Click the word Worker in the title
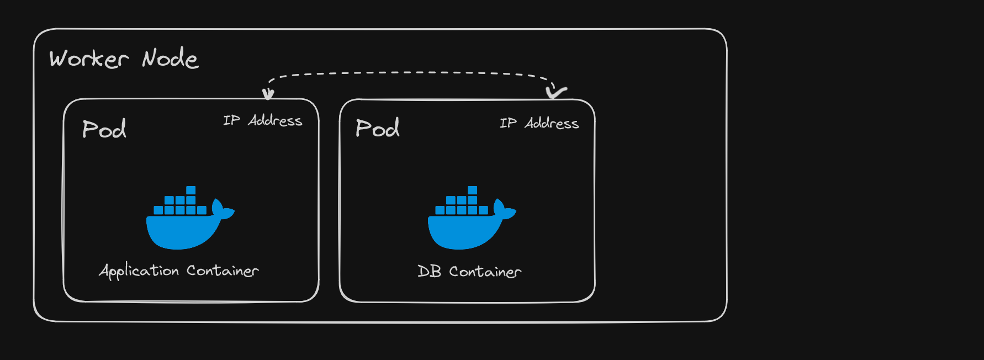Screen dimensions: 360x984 coord(88,59)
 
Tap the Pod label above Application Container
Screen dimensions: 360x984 coord(104,129)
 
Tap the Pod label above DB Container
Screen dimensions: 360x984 coord(378,128)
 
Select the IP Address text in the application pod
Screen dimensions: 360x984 coord(263,120)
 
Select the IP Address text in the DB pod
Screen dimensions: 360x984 coord(539,123)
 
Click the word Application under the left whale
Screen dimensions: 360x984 coord(139,271)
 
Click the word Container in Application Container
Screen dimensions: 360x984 coord(223,271)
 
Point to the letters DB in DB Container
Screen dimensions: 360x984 coord(429,271)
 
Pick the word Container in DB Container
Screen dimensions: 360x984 coord(485,272)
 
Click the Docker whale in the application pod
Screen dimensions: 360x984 coord(185,226)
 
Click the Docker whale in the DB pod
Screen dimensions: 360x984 coord(467,226)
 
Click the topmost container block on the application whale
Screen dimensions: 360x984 coord(191,190)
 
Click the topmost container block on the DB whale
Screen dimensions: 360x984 coord(473,190)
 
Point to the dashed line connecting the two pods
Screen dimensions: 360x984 coord(409,73)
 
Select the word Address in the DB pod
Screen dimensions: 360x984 coord(552,123)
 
